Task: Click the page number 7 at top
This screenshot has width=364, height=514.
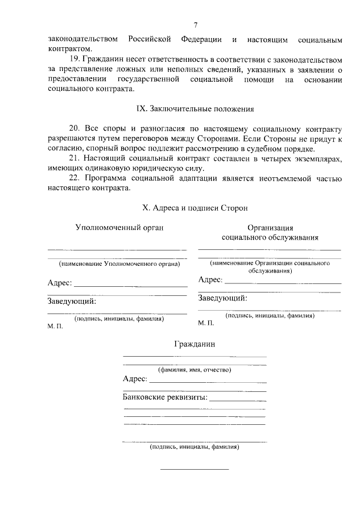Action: click(x=195, y=26)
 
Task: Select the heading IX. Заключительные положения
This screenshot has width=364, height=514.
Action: click(x=195, y=108)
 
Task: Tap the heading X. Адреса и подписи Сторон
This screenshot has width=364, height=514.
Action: click(x=195, y=208)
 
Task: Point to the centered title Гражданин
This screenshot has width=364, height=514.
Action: click(x=195, y=344)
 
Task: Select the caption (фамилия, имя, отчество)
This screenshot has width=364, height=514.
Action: click(x=195, y=370)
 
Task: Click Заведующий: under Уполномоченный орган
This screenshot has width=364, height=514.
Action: click(x=72, y=302)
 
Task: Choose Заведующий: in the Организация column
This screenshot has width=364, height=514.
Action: click(x=222, y=298)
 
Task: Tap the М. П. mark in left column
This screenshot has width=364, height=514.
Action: click(x=55, y=328)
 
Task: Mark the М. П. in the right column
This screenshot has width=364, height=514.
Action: click(x=206, y=323)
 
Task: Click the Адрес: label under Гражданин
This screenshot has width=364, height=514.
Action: click(x=135, y=379)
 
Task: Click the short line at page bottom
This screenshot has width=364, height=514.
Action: click(x=195, y=469)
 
